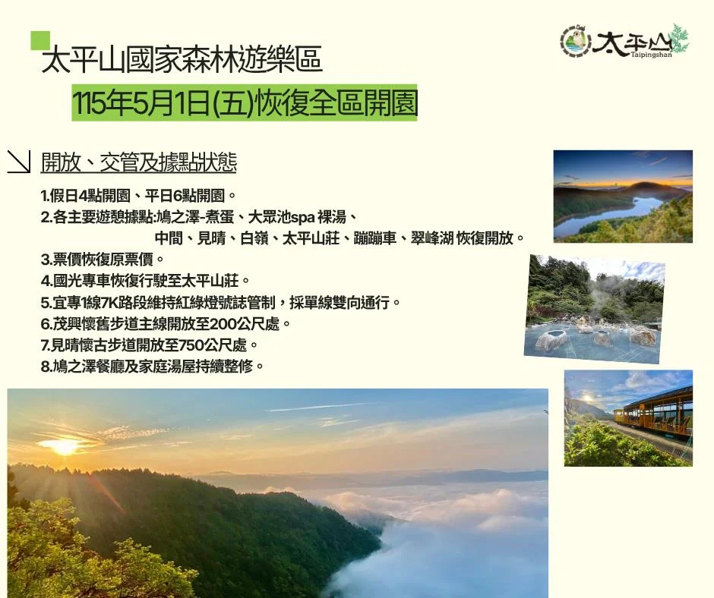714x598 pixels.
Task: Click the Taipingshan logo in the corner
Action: click(x=624, y=41)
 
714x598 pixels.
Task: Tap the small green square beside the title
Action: click(x=40, y=40)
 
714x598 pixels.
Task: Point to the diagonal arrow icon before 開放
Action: click(x=18, y=162)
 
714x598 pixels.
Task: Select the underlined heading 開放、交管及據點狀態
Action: click(x=139, y=162)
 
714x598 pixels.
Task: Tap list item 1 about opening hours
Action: click(x=140, y=195)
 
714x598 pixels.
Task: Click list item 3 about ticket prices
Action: click(x=103, y=260)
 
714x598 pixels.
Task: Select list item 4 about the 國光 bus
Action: click(x=145, y=282)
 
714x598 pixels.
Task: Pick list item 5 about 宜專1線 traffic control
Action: click(x=221, y=303)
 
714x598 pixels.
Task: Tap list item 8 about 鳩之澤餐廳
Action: click(x=153, y=367)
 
